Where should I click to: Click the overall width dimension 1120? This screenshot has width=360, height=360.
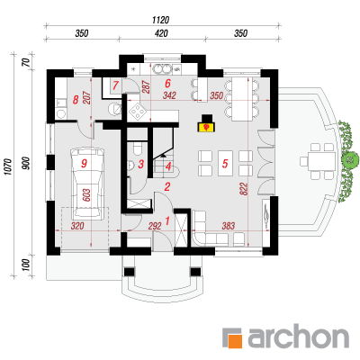(161, 20)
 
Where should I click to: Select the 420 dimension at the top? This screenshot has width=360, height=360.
(161, 33)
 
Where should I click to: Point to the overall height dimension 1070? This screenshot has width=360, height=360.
(8, 166)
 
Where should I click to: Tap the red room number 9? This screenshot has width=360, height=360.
(84, 164)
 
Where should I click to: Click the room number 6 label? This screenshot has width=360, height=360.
(167, 83)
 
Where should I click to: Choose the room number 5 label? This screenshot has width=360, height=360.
(225, 164)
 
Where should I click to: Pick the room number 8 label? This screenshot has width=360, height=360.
(76, 99)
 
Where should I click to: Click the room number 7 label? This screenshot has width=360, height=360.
(115, 86)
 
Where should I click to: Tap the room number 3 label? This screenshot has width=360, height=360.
(141, 164)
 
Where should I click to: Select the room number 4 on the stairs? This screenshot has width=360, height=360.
(168, 166)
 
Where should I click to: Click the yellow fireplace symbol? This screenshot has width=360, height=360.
(206, 126)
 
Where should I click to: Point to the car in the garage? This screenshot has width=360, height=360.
(88, 184)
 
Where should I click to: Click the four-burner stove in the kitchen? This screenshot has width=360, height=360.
(137, 111)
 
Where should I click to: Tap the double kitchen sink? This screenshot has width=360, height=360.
(161, 68)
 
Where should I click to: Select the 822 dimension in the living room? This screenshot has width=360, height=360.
(244, 189)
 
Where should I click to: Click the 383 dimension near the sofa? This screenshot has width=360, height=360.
(228, 226)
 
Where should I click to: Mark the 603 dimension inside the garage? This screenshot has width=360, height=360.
(85, 195)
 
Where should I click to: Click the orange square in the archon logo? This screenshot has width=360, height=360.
(235, 341)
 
